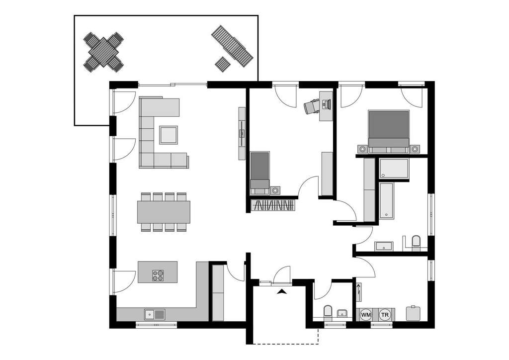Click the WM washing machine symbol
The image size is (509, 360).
click(x=366, y=314)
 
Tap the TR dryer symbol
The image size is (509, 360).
click(x=384, y=314)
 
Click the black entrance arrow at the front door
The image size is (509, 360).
click(x=282, y=292)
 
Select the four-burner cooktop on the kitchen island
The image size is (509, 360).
click(x=158, y=275)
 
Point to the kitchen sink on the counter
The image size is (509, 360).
click(x=155, y=314)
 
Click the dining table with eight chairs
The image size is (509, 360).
click(x=164, y=212)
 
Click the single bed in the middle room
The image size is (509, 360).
click(x=259, y=172)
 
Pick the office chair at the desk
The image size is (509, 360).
click(x=312, y=106)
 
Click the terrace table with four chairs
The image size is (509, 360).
click(x=103, y=52)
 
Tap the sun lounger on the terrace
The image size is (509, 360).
click(x=232, y=46)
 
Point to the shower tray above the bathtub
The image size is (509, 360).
click(x=393, y=169)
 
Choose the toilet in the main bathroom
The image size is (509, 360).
click(x=416, y=243)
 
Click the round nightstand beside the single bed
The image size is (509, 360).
click(x=275, y=190)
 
